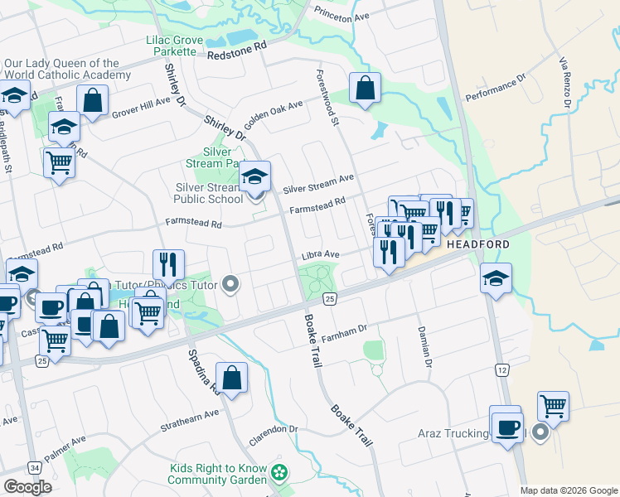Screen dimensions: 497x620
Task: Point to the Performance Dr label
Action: pyautogui.click(x=496, y=90)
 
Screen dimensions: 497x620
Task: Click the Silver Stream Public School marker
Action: pyautogui.click(x=255, y=177)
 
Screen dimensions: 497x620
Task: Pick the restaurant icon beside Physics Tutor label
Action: pyautogui.click(x=169, y=264)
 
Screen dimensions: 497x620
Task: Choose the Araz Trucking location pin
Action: pyautogui.click(x=540, y=433)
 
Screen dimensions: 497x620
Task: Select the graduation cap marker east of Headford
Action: pyautogui.click(x=496, y=278)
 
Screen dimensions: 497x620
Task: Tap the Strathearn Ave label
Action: pyautogui.click(x=190, y=412)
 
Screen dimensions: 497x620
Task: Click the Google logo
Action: pyautogui.click(x=27, y=487)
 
